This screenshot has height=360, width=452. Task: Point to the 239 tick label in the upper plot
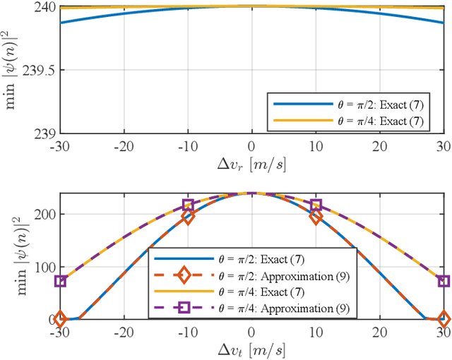pos(45,133)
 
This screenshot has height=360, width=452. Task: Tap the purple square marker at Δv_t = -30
pos(60,281)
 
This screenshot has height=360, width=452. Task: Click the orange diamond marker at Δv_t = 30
pos(444,319)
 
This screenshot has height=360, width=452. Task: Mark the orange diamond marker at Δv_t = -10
pos(188,217)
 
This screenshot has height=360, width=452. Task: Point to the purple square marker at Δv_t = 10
pos(316,205)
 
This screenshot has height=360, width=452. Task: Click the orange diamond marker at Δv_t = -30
pos(60,319)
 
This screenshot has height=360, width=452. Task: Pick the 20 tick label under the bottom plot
pos(379,331)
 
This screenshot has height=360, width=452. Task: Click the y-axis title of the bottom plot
pos(13,256)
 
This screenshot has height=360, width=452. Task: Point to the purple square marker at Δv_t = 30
pos(444,281)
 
